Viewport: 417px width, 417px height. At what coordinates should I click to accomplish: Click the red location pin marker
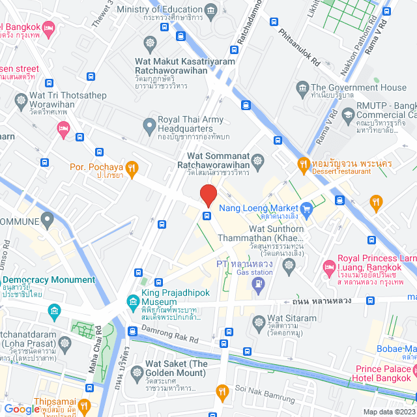pos(208,195)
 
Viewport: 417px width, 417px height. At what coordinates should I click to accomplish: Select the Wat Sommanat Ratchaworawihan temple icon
pos(259,160)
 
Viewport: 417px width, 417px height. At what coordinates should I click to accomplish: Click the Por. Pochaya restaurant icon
pos(132,168)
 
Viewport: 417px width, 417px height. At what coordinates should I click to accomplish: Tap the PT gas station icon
pos(259,283)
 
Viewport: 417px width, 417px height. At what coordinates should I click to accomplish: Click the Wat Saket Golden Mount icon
pos(137,373)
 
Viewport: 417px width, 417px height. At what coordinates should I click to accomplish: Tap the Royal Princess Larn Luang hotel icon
pos(330,267)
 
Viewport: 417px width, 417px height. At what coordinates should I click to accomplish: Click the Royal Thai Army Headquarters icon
pos(149,124)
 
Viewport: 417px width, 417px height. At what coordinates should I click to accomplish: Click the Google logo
pos(22,409)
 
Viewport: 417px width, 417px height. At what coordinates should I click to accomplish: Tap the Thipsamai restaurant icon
pos(83,407)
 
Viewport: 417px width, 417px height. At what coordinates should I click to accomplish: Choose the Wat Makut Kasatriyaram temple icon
pos(151,43)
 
